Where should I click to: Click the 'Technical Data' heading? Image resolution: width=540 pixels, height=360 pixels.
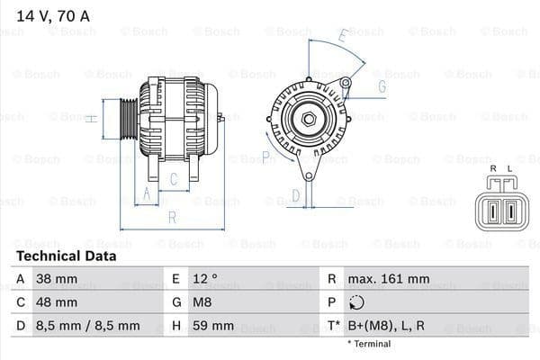coord(66,256)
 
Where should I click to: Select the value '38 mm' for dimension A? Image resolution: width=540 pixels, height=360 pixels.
coord(55,279)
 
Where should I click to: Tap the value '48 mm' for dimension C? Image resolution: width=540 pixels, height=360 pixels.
coord(55,302)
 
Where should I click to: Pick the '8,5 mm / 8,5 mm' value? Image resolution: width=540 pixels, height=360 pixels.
coord(86,326)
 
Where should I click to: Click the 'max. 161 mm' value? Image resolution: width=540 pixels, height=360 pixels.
coord(390,279)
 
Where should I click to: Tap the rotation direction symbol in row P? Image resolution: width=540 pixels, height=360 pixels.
coord(356,302)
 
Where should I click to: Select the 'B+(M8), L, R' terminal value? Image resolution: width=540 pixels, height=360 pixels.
coord(389,326)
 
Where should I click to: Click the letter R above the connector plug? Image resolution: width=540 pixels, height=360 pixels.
coord(492,168)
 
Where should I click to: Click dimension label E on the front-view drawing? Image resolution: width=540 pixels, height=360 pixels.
coord(342,37)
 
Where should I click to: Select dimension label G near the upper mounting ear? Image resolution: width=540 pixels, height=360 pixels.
coord(382,86)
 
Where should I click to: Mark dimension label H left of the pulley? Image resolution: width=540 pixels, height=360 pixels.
coord(91,117)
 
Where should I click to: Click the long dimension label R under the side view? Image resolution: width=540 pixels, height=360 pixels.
coord(171,217)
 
